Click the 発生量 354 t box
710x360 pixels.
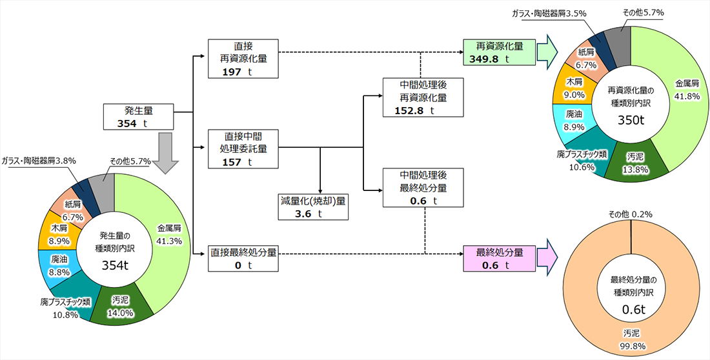(x=139, y=117)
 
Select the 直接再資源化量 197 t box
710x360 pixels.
(x=243, y=59)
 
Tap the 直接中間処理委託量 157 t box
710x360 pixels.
(x=243, y=149)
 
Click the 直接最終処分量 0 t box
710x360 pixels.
(x=243, y=258)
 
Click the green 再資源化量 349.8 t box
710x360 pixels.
(x=495, y=52)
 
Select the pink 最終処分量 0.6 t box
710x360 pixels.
(x=495, y=258)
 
